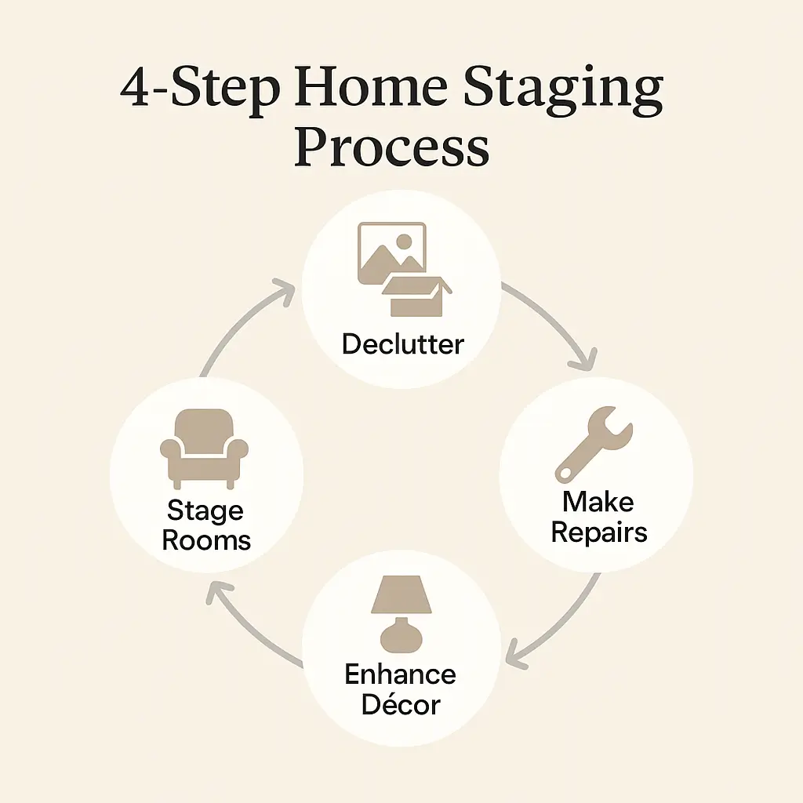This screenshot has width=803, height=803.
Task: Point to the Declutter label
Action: click(402, 343)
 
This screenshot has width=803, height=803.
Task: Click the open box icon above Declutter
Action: click(416, 296)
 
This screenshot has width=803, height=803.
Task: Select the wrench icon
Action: click(594, 446)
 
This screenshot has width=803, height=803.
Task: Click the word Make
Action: click(598, 502)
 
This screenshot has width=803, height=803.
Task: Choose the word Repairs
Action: click(598, 532)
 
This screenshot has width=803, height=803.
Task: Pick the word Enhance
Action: click(400, 674)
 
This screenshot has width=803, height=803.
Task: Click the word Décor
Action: click(401, 704)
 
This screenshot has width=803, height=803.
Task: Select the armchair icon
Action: click(204, 447)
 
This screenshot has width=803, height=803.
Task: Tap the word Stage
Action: click(205, 512)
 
